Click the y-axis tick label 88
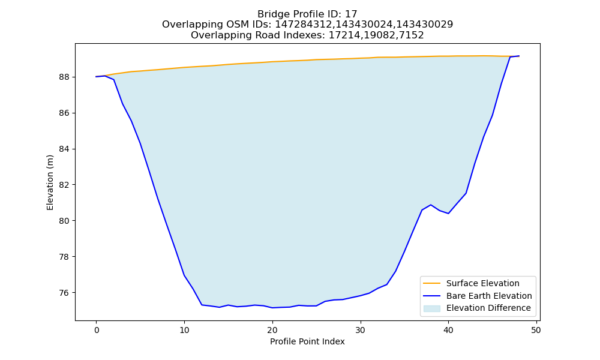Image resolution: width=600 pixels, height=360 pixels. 64,77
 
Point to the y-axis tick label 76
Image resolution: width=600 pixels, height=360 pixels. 64,293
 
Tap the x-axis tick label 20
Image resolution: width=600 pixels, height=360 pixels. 272,330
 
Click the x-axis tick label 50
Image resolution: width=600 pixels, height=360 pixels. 536,330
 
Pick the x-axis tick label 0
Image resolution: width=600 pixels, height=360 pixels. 97,330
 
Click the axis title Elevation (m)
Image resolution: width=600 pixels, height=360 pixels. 50,182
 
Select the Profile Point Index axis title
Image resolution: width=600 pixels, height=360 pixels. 307,341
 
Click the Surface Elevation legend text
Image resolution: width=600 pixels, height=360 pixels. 483,283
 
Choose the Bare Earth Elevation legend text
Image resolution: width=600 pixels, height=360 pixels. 489,296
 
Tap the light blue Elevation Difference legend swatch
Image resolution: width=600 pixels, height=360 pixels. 431,308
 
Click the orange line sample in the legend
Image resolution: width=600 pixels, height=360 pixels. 431,283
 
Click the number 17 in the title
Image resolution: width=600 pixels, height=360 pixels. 351,14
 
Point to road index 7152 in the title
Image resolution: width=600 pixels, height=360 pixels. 412,35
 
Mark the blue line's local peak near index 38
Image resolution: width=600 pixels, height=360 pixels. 431,205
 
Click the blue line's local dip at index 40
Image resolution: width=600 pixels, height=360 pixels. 448,214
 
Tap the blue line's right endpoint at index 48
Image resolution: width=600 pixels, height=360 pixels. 519,56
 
